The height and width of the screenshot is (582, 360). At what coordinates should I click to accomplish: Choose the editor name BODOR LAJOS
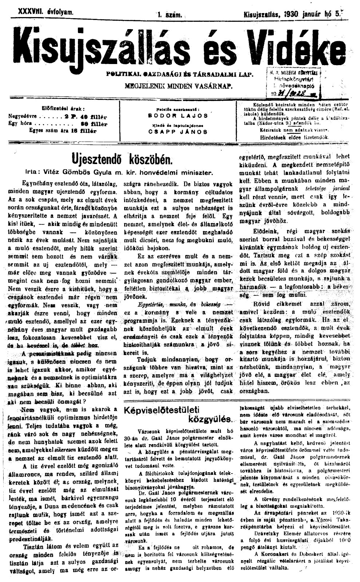click(x=178, y=116)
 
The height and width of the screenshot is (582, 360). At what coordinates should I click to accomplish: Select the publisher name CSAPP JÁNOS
click(x=178, y=132)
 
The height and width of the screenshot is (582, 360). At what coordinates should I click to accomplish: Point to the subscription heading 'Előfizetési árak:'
click(x=64, y=108)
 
